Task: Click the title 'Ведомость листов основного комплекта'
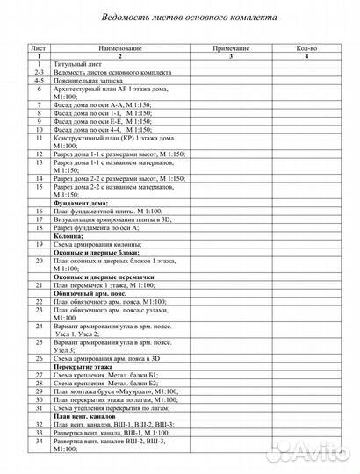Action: point(180,16)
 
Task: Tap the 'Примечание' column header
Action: point(232,50)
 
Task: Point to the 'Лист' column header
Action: point(39,50)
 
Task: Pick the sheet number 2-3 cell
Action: point(39,74)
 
